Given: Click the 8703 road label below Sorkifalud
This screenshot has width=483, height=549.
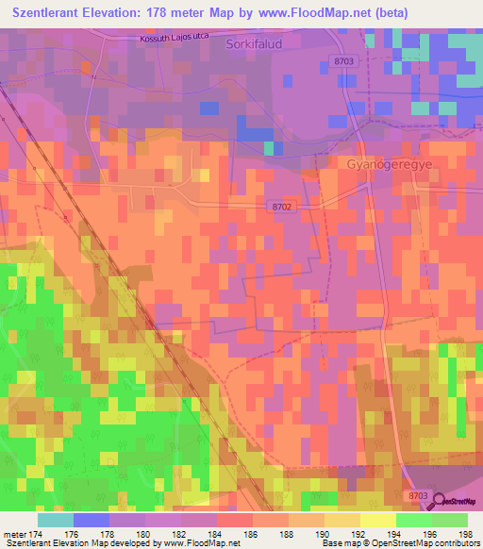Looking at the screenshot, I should [x=345, y=60].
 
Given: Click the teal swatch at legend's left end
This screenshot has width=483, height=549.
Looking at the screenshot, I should [x=55, y=520].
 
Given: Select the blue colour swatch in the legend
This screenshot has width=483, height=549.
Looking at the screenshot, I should [x=91, y=520].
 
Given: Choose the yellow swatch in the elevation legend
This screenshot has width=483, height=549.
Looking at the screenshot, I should [x=377, y=520].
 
